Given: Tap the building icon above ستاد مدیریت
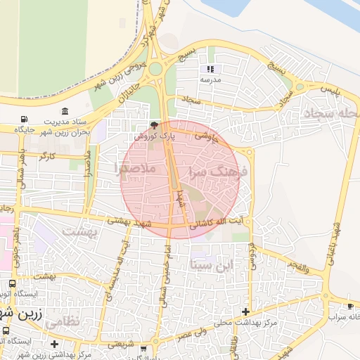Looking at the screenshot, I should tap(65, 111).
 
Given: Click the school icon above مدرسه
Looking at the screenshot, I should tap(210, 70).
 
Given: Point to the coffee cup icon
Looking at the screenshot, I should tap(350, 307).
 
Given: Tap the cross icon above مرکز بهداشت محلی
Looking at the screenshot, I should tap(245, 311).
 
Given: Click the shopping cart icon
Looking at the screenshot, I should tap(144, 348).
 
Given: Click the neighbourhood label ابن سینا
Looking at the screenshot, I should tap(210, 265).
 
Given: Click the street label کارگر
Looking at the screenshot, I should tap(48, 155).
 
